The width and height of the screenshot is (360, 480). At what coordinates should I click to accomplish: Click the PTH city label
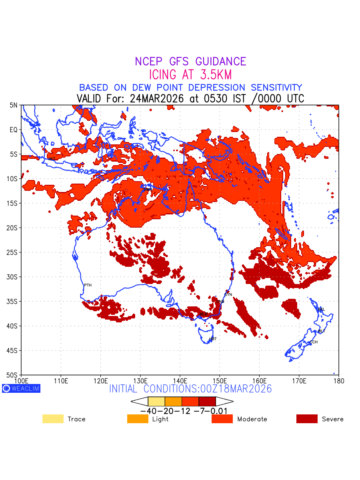pyautogui.click(x=88, y=285)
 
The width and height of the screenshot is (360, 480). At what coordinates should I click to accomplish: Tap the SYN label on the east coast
pyautogui.click(x=228, y=295)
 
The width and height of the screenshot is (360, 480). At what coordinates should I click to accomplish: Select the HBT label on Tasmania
pyautogui.click(x=213, y=339)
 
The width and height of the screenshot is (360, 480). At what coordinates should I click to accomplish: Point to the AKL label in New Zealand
pyautogui.click(x=321, y=309)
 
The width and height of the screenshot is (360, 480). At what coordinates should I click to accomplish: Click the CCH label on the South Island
pyautogui.click(x=314, y=342)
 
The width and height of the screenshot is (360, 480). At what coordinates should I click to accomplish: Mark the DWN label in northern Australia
pyautogui.click(x=148, y=189)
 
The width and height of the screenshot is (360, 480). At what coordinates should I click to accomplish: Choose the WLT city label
pyautogui.click(x=322, y=331)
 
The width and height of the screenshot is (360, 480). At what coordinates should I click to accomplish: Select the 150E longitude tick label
pyautogui.click(x=220, y=380)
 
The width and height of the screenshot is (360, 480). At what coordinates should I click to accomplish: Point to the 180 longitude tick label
pyautogui.click(x=338, y=380)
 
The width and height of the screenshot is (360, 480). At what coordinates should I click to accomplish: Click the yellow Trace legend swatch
pyautogui.click(x=53, y=419)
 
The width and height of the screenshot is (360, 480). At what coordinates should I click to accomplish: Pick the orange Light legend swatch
pyautogui.click(x=138, y=419)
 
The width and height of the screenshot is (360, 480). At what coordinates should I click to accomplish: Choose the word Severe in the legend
pyautogui.click(x=332, y=419)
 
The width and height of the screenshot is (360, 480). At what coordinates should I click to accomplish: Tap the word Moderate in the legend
pyautogui.click(x=252, y=419)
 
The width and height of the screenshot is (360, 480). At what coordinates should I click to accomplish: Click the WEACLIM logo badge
pyautogui.click(x=21, y=388)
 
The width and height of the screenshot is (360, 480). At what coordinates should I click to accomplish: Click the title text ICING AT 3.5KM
pyautogui.click(x=190, y=75)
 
